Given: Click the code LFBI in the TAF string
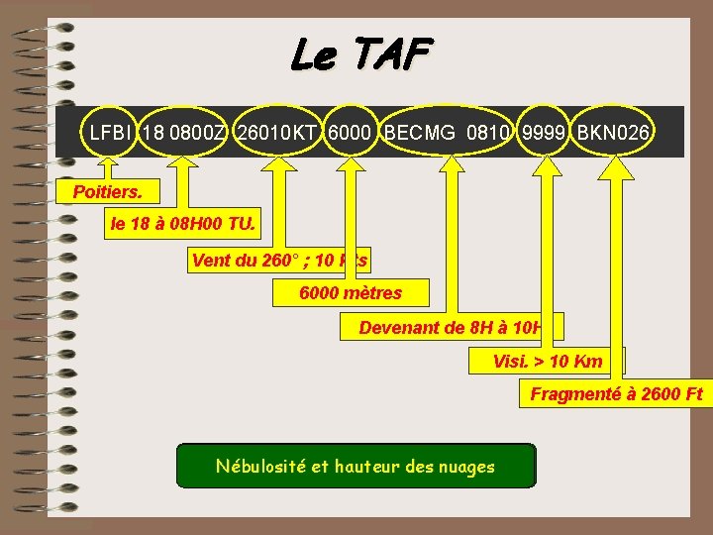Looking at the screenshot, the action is pyautogui.click(x=110, y=131).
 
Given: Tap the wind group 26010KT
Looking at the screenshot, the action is pyautogui.click(x=276, y=131).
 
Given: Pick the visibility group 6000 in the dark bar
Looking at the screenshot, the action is pyautogui.click(x=351, y=131).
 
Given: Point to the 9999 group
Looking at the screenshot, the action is pyautogui.click(x=544, y=131).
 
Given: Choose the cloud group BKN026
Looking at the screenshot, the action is pyautogui.click(x=614, y=131).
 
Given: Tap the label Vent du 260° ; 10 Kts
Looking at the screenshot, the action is pyautogui.click(x=278, y=261).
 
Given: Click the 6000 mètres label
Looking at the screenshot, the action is pyautogui.click(x=351, y=293).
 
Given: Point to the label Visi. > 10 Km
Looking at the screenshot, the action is pyautogui.click(x=547, y=362).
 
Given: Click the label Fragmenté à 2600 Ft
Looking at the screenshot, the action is pyautogui.click(x=616, y=394).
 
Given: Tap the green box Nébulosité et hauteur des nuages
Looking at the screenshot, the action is pyautogui.click(x=356, y=466).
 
